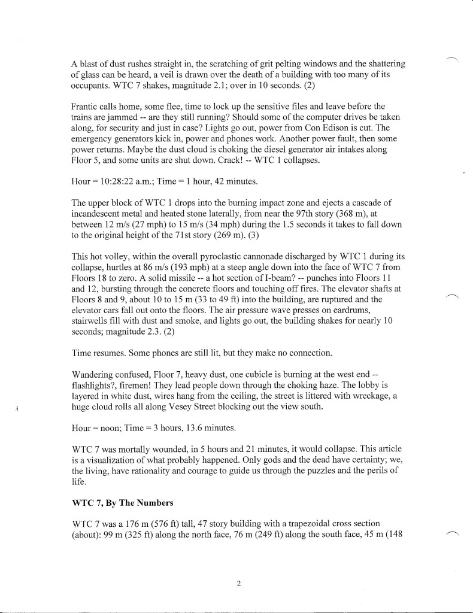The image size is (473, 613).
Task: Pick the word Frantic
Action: (x=86, y=107)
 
